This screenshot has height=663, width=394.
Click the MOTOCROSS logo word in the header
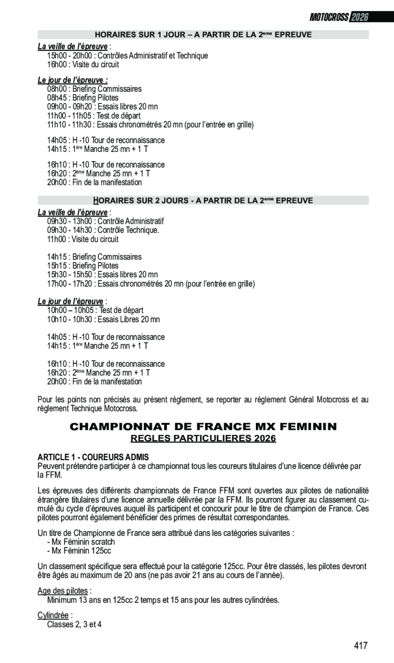329,17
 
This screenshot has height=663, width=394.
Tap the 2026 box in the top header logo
359,17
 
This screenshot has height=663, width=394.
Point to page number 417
360,646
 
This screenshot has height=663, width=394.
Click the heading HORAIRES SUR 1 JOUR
203,35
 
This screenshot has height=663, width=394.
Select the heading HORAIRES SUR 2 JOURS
203,200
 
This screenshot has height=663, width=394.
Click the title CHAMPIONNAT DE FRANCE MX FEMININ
203,426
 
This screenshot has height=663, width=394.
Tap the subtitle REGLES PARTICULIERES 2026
203,439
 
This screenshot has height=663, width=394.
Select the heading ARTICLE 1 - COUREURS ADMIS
93,457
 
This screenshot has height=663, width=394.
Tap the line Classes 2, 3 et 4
74,624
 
